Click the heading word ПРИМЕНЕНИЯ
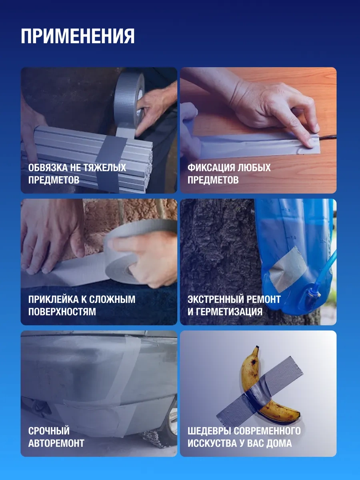coord(78,36)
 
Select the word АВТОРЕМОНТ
coord(56,443)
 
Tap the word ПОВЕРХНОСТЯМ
coord(62,312)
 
